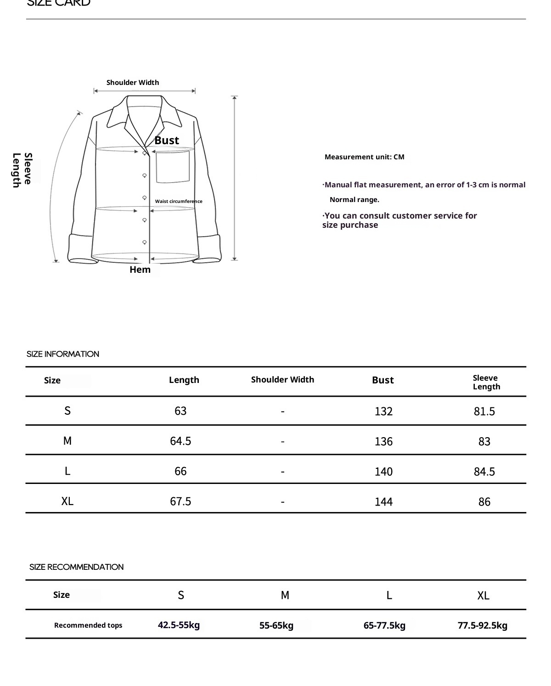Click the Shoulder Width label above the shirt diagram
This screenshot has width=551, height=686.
click(133, 83)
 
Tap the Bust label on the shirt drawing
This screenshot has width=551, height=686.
click(167, 141)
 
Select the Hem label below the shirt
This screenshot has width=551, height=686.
click(140, 270)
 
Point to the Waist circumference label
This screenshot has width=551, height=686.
click(179, 201)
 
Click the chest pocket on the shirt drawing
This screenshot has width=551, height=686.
click(173, 167)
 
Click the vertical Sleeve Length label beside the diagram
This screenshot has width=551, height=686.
click(22, 170)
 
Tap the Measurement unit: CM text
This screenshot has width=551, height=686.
click(364, 157)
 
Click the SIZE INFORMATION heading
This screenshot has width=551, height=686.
click(63, 354)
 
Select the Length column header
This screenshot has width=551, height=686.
click(184, 380)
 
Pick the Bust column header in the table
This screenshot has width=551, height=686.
click(382, 380)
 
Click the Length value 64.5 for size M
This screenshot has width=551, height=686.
click(180, 441)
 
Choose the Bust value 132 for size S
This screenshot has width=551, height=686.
click(383, 411)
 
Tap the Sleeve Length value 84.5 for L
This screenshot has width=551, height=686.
click(484, 472)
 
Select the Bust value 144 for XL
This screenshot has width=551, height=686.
click(383, 502)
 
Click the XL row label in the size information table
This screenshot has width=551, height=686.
click(67, 501)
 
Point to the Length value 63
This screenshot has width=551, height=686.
click(180, 411)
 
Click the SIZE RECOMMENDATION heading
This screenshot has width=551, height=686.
click(76, 567)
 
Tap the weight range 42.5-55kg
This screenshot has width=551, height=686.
click(179, 625)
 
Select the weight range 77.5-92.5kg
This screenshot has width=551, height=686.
click(482, 625)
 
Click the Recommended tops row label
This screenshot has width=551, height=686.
click(88, 625)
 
